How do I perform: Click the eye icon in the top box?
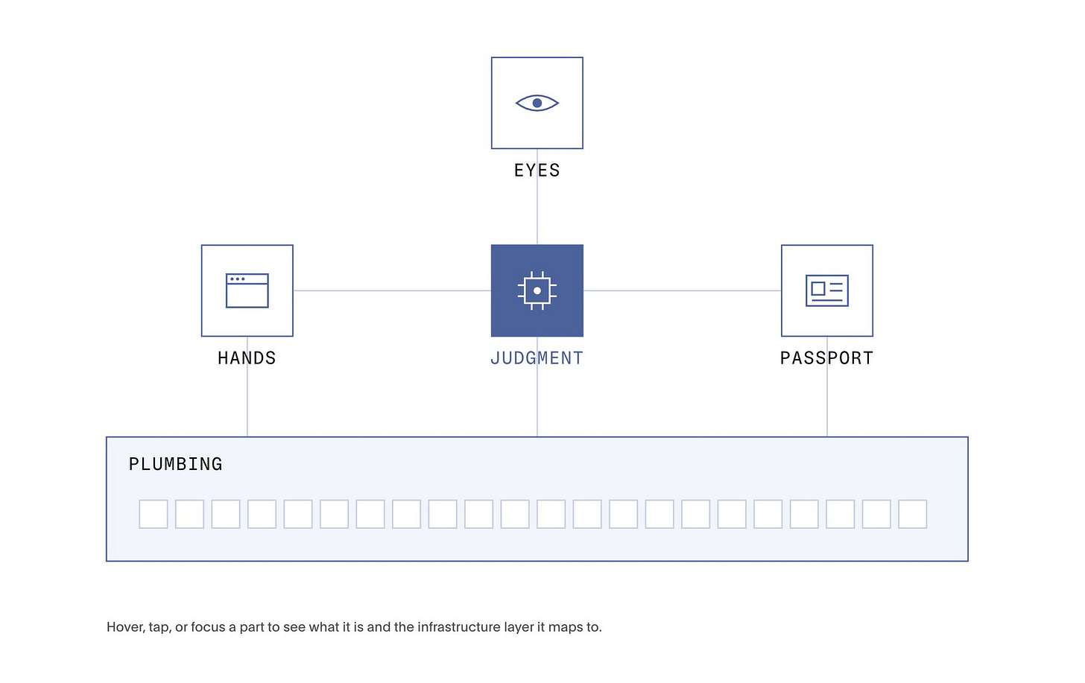pyautogui.click(x=537, y=103)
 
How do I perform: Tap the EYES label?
pyautogui.click(x=537, y=171)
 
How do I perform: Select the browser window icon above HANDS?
pyautogui.click(x=247, y=290)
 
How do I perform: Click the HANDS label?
pyautogui.click(x=247, y=358)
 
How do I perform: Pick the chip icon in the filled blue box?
pyautogui.click(x=537, y=290)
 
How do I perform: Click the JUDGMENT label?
pyautogui.click(x=537, y=358)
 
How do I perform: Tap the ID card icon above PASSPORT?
pyautogui.click(x=827, y=290)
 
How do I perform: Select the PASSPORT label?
pyautogui.click(x=827, y=358)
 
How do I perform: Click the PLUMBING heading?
pyautogui.click(x=175, y=464)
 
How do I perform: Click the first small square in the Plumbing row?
pyautogui.click(x=153, y=514)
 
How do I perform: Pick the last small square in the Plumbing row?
pyautogui.click(x=913, y=514)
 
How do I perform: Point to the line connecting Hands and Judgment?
pyautogui.click(x=392, y=290)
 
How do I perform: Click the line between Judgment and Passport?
pyautogui.click(x=682, y=290)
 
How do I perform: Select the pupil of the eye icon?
pyautogui.click(x=537, y=103)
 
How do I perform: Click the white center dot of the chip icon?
pyautogui.click(x=537, y=290)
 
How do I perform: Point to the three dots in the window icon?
pyautogui.click(x=237, y=279)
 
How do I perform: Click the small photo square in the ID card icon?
pyautogui.click(x=818, y=288)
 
